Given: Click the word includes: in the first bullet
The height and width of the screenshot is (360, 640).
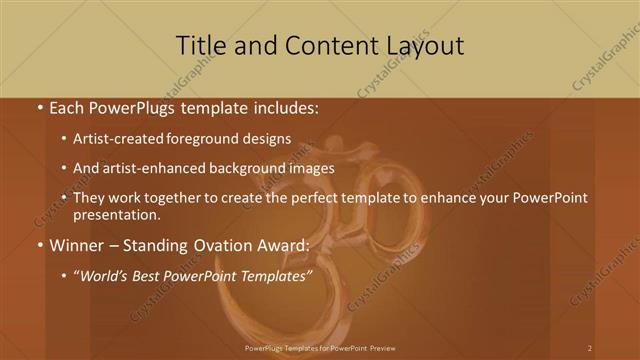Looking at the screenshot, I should pyautogui.click(x=285, y=107).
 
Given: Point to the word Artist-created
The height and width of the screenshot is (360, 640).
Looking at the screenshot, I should pyautogui.click(x=120, y=139).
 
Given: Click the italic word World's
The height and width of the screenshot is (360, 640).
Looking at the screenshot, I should pyautogui.click(x=103, y=275).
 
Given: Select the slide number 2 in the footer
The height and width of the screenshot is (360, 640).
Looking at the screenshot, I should pyautogui.click(x=590, y=347).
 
